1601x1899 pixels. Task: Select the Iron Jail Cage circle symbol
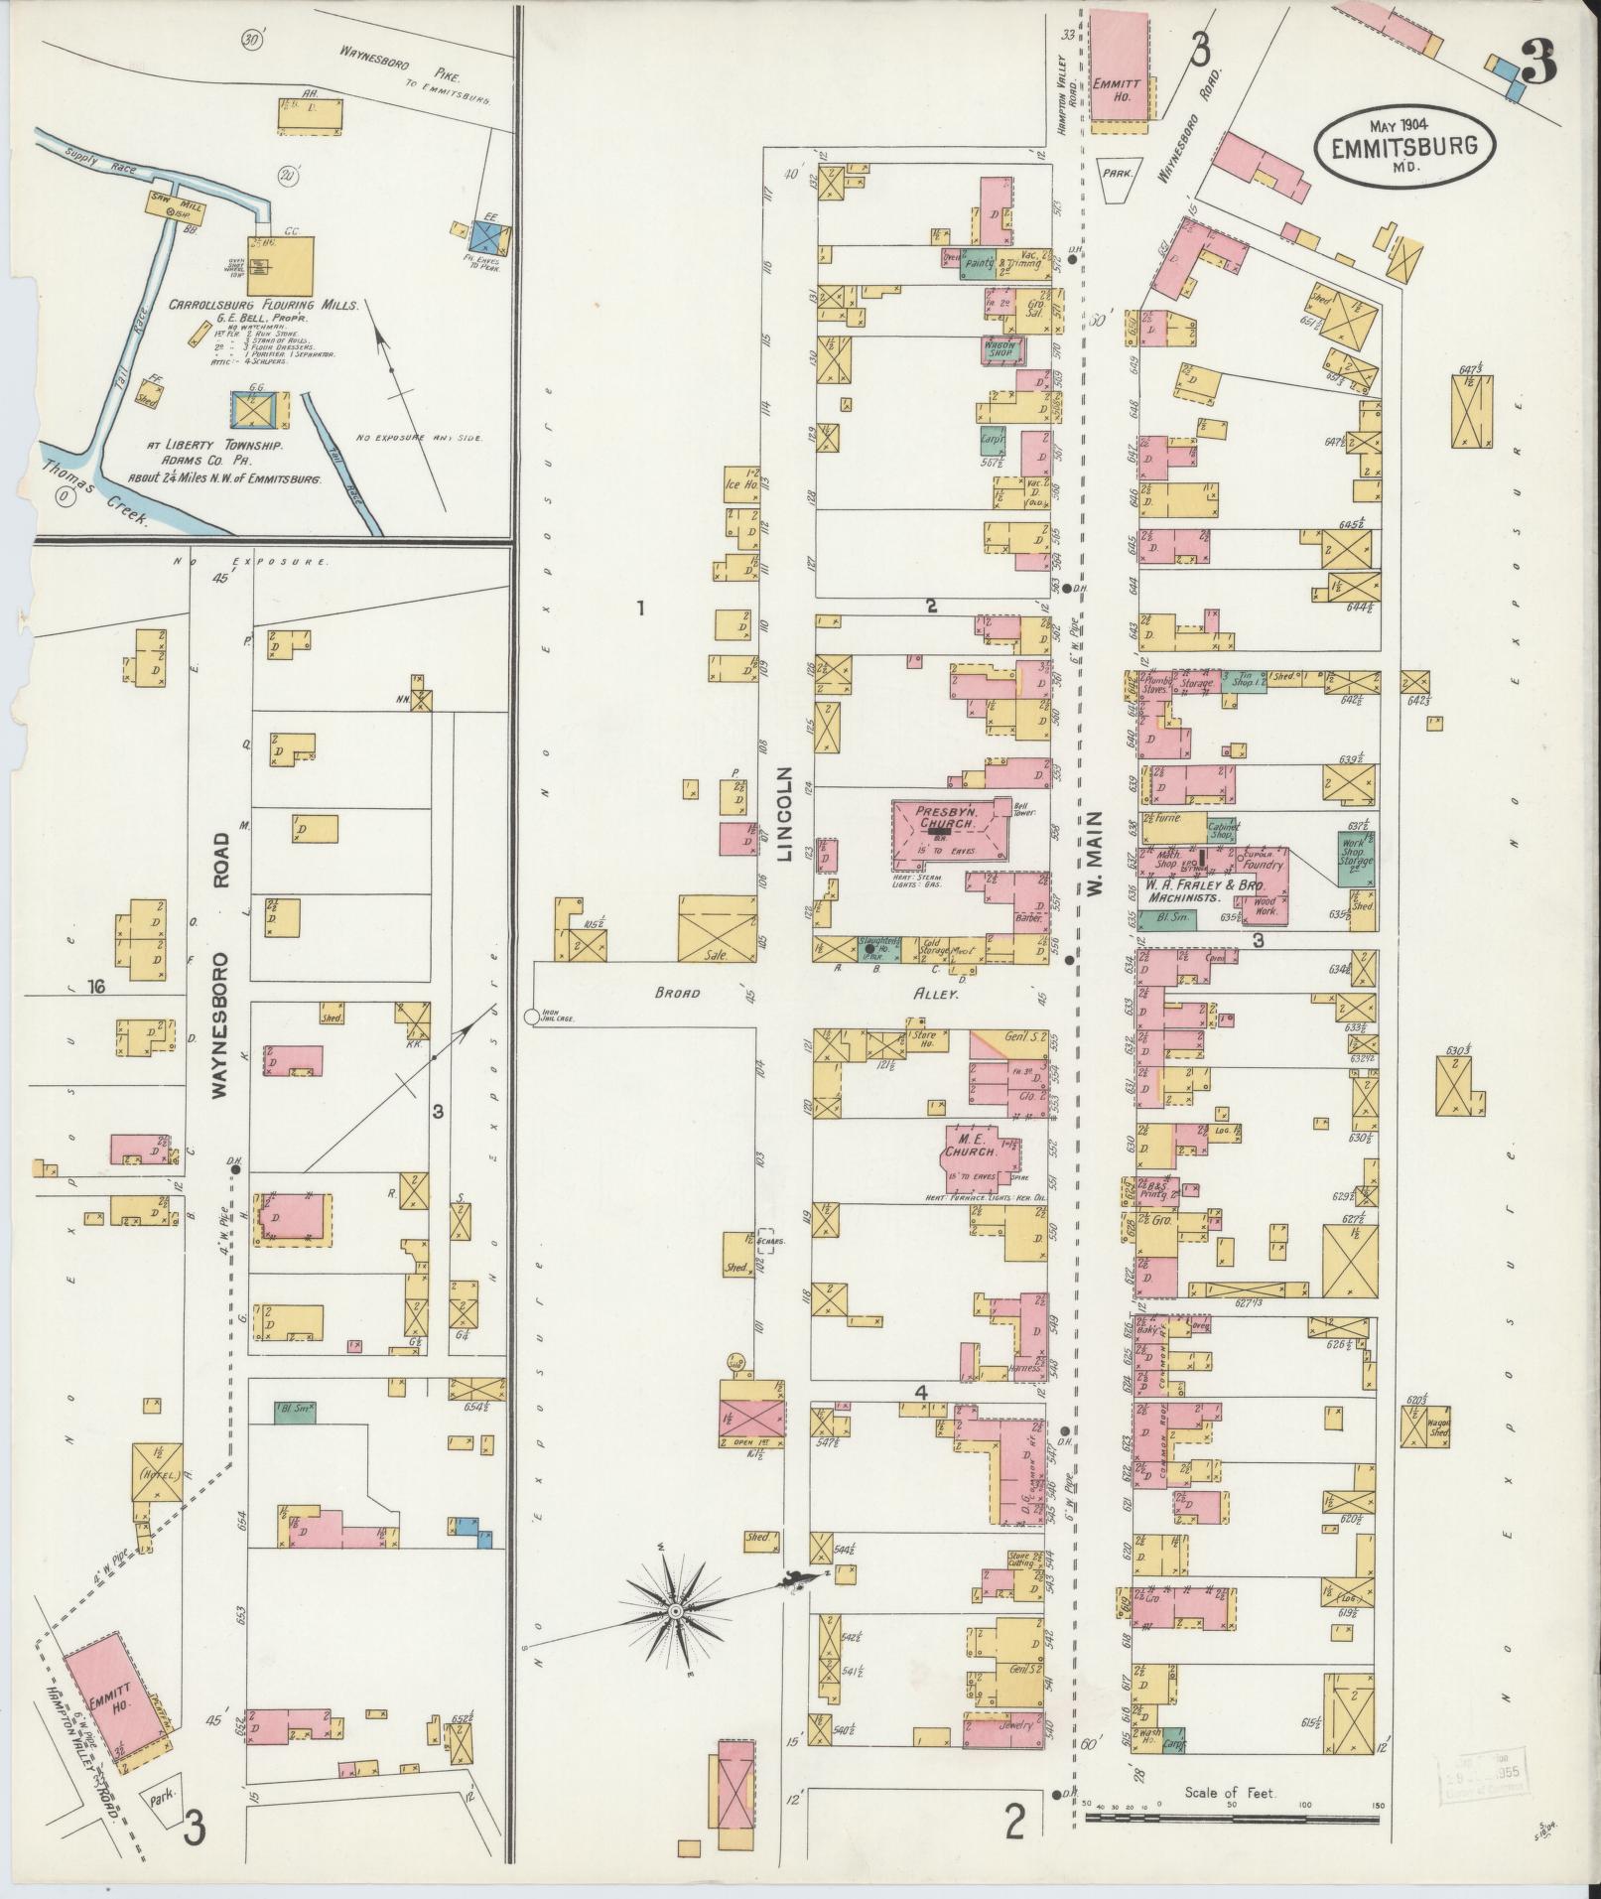point(531,1017)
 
